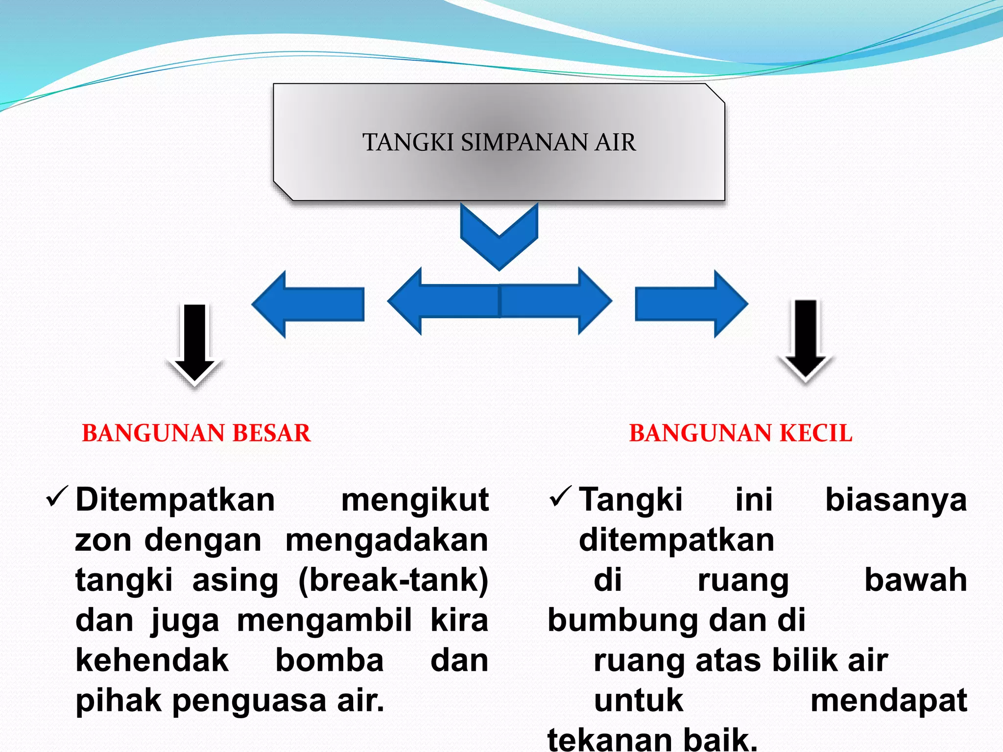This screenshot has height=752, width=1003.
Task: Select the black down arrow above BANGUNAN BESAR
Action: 195,343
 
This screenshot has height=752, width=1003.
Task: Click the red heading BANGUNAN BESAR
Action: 196,433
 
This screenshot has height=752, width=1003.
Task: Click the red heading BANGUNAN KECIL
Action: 740,433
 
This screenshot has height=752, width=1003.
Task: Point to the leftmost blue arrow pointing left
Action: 309,304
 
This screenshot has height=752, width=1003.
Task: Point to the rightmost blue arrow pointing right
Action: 691,304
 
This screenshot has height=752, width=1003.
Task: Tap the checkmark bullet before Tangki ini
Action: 560,497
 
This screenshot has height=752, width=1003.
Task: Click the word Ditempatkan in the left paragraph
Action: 175,500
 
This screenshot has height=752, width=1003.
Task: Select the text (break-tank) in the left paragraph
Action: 393,581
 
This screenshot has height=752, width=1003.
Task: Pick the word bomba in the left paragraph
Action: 329,660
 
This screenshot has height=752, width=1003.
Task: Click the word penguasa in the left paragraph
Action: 250,701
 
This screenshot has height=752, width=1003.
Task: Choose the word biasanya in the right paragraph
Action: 896,500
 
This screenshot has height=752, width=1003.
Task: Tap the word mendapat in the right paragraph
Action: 888,701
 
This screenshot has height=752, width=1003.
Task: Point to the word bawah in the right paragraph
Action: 915,581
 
